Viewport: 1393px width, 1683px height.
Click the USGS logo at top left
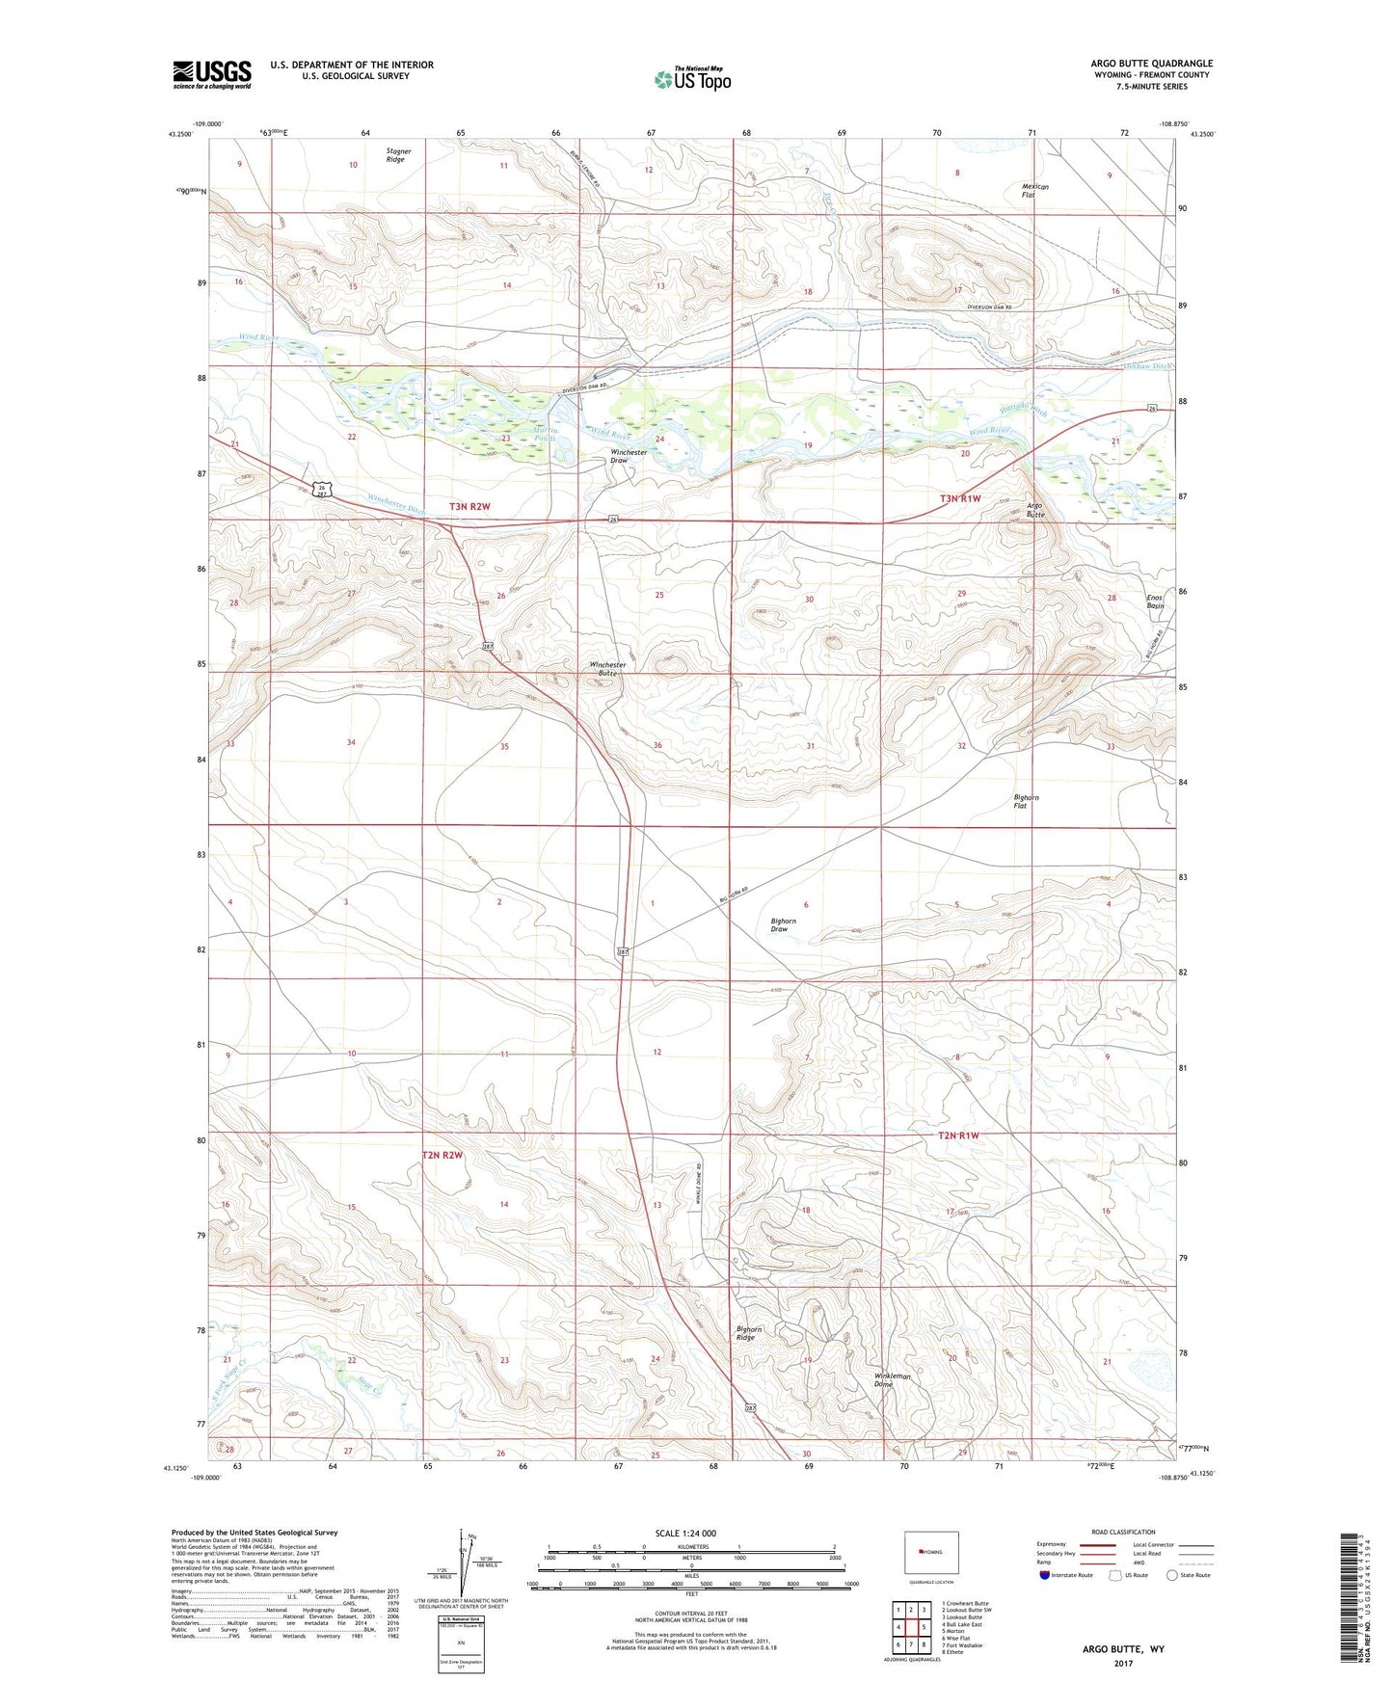click(x=212, y=74)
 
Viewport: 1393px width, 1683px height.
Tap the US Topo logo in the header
click(x=691, y=79)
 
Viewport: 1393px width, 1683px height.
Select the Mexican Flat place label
click(x=1034, y=191)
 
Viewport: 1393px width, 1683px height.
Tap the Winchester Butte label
click(x=608, y=669)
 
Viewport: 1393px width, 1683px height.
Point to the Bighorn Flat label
click(x=1026, y=801)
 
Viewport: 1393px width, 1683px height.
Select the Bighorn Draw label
click(x=783, y=924)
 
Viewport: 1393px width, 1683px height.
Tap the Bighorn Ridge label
click(x=749, y=1333)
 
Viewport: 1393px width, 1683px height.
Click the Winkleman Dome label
click(x=892, y=1379)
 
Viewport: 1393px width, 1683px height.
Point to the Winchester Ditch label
click(x=396, y=503)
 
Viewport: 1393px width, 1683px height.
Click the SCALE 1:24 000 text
click(x=685, y=1533)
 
